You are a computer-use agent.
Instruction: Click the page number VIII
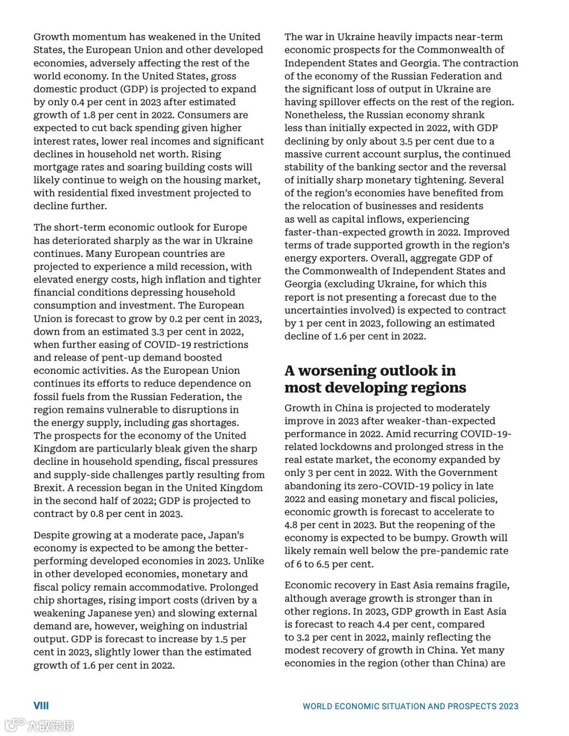[x=41, y=705]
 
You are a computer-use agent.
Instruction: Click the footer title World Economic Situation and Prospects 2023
[x=410, y=707]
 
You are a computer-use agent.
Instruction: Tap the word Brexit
[x=48, y=488]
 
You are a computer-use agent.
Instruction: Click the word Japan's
[x=226, y=535]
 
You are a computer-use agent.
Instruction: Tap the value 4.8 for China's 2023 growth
[x=291, y=525]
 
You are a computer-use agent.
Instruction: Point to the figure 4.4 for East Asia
[x=385, y=624]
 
